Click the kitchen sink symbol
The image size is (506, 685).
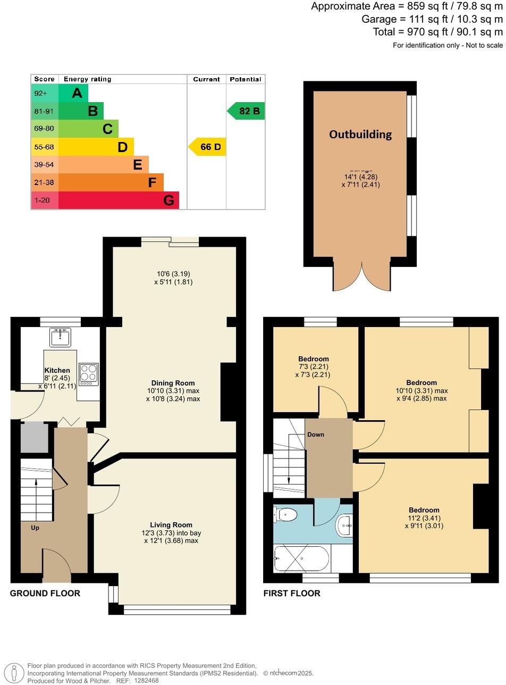tap(60, 337)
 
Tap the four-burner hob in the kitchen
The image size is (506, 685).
tap(88, 374)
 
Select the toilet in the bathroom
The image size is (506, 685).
tap(286, 514)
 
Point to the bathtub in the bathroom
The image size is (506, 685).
tap(301, 558)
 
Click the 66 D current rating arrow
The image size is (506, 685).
tap(208, 147)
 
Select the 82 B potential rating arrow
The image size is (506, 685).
tap(247, 111)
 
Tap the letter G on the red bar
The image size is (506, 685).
tap(168, 201)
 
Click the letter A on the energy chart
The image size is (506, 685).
tap(77, 94)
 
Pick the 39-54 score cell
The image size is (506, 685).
tap(45, 165)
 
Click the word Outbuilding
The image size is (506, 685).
tap(360, 135)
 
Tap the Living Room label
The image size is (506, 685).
tap(171, 525)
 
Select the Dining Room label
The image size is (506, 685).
tap(173, 383)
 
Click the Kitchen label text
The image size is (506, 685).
tap(57, 371)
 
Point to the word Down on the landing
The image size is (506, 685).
tap(315, 435)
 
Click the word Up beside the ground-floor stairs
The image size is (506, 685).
tap(35, 528)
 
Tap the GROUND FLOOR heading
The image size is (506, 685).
tap(45, 594)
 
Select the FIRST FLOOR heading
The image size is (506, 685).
tap(292, 594)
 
